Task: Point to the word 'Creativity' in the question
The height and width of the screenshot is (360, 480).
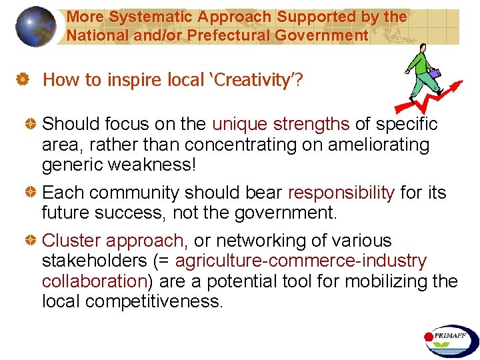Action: coord(250,81)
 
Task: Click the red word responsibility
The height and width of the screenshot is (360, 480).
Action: coord(341,193)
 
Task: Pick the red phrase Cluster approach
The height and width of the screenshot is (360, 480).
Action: coord(113,241)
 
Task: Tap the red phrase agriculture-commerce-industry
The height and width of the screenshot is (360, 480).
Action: coord(301,261)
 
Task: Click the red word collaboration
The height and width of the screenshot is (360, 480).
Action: coord(94,281)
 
